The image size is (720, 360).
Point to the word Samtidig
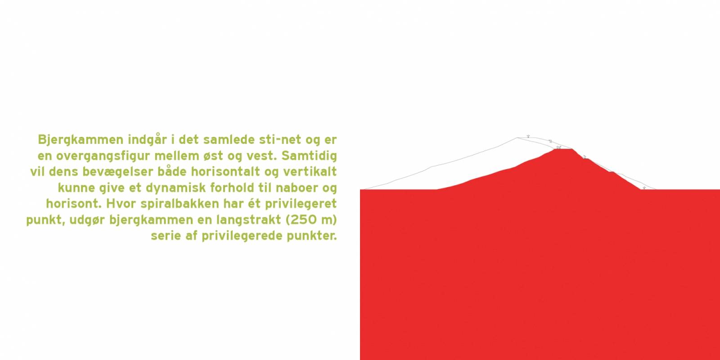pyautogui.click(x=309, y=156)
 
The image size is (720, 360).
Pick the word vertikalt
pyautogui.click(x=310, y=171)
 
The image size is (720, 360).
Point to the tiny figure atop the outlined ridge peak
pyautogui.click(x=528, y=136)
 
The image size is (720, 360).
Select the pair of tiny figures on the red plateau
pyautogui.click(x=558, y=148)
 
